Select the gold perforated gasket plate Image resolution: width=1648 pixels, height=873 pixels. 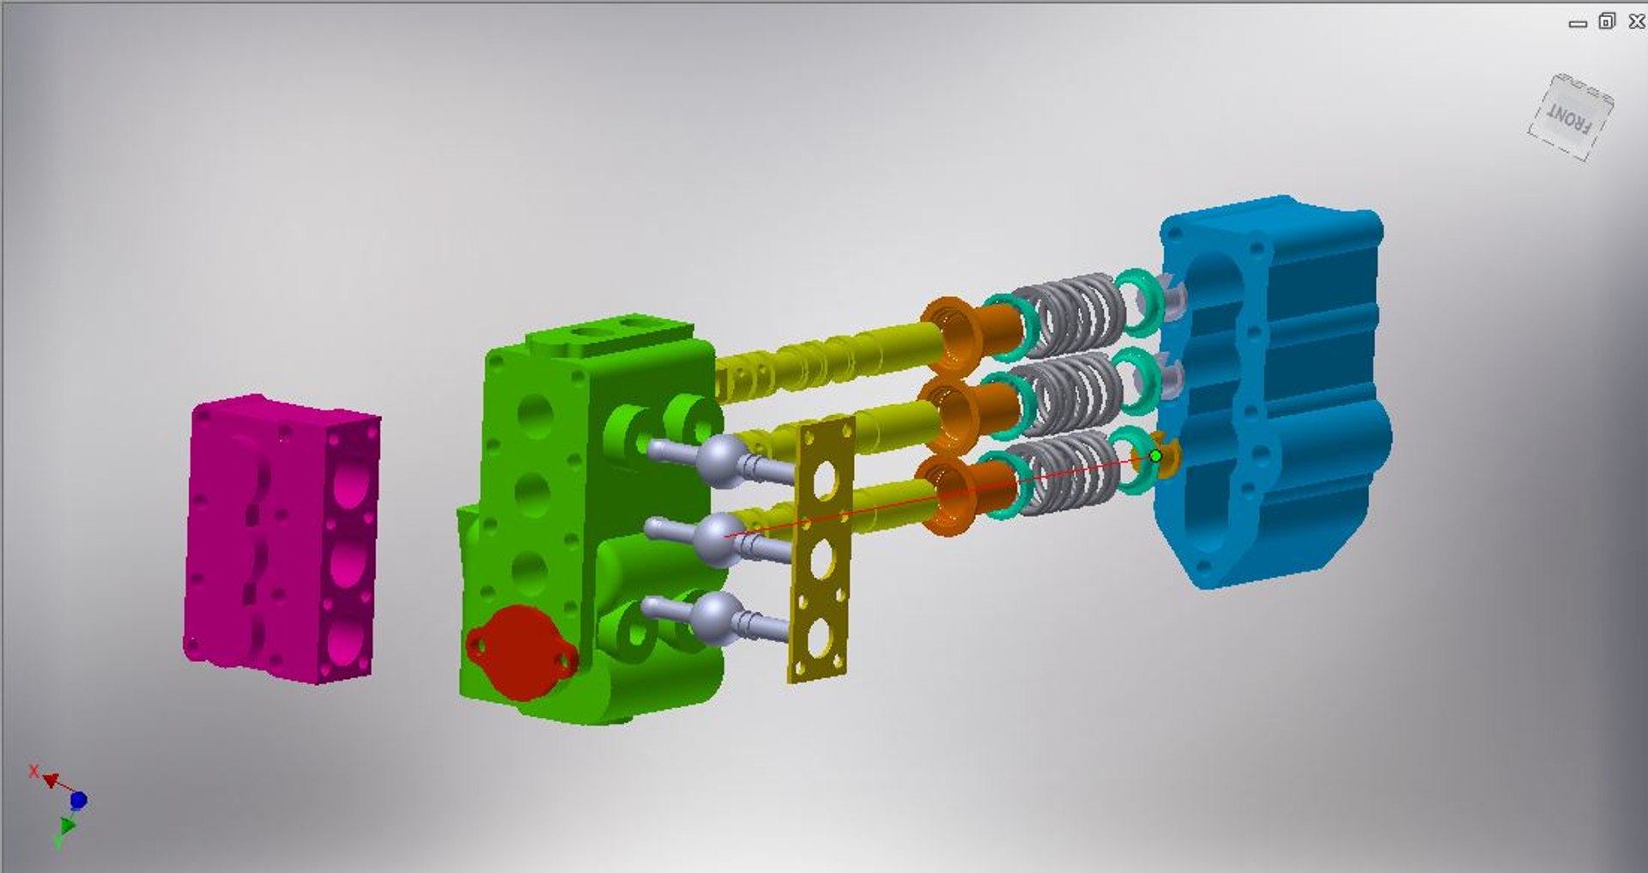(x=821, y=549)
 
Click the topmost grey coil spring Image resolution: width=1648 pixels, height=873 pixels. (x=1069, y=313)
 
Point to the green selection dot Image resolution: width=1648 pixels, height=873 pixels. (x=1155, y=456)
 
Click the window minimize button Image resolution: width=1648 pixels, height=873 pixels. (x=1578, y=24)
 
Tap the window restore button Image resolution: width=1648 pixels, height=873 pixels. (x=1607, y=21)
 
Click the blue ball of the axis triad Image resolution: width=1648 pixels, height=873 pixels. (x=78, y=800)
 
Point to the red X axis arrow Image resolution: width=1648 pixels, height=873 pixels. (x=50, y=779)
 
